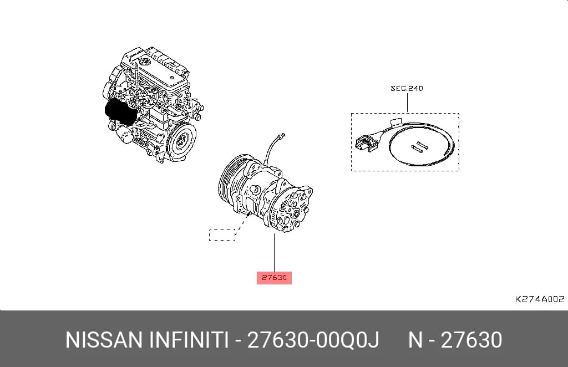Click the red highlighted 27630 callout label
pyautogui.click(x=274, y=278)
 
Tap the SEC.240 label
pyautogui.click(x=407, y=88)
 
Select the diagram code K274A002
pyautogui.click(x=540, y=299)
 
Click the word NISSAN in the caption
pyautogui.click(x=104, y=340)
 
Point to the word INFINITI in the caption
pyautogui.click(x=189, y=340)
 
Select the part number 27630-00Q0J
pyautogui.click(x=313, y=340)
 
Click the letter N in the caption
pyautogui.click(x=415, y=340)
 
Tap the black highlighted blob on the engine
pyautogui.click(x=121, y=112)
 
